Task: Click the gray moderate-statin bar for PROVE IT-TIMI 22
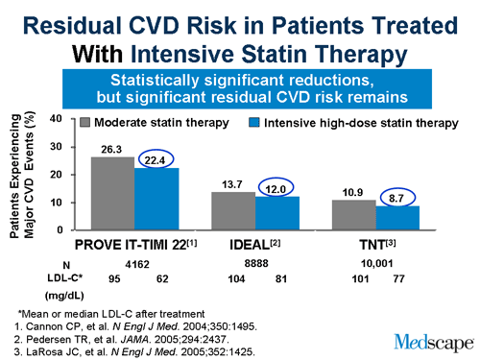[x=112, y=193]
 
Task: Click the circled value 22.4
[x=156, y=158]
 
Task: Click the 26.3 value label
[x=112, y=149]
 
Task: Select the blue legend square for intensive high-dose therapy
[x=256, y=124]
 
